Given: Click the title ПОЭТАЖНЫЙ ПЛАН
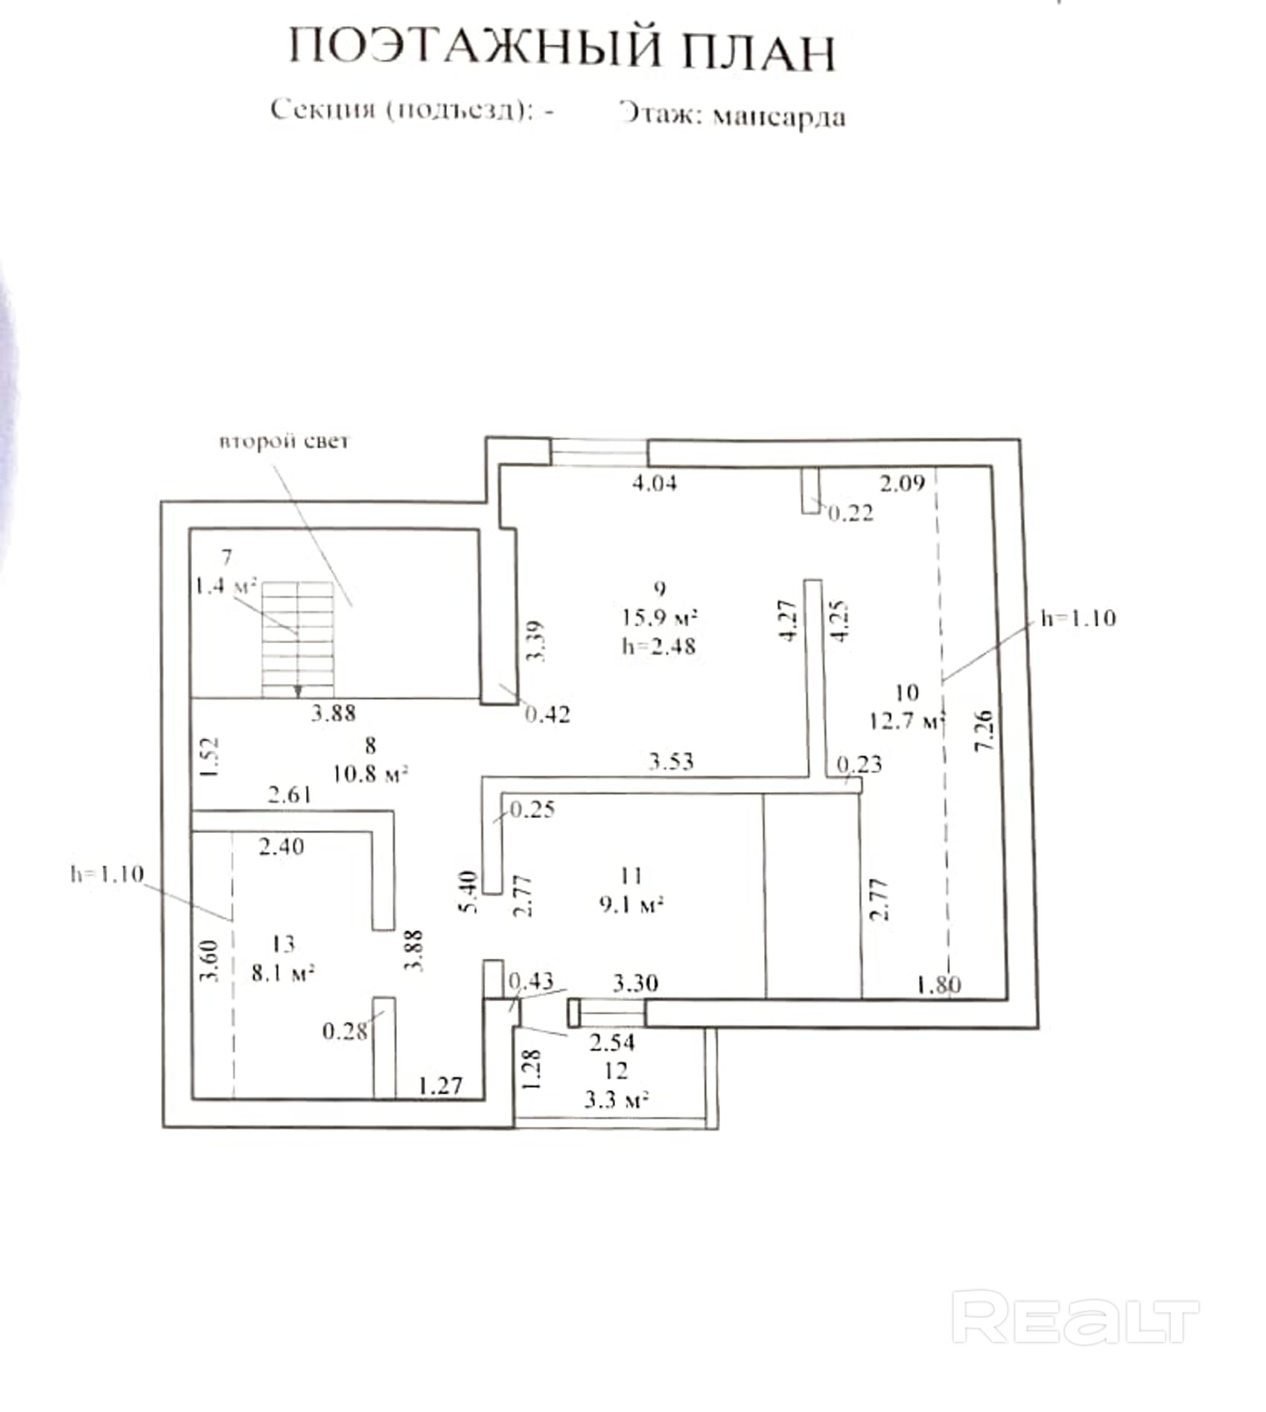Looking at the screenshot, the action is (562, 51).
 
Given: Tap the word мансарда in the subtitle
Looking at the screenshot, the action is (779, 117).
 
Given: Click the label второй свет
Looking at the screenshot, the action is (284, 441).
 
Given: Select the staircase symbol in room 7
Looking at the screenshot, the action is (297, 639).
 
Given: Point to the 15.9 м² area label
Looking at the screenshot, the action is (660, 617).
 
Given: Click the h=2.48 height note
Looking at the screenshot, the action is (659, 646).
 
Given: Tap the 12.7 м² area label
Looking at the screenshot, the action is (906, 721).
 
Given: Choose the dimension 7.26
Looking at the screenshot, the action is (984, 730).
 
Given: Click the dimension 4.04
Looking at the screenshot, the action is (655, 483).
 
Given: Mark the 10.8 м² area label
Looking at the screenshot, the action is (370, 774).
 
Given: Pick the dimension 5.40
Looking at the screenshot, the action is (468, 892).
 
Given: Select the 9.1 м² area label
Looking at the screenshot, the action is (631, 904).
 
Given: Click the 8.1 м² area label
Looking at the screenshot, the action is (283, 973).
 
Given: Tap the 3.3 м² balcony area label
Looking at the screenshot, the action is (616, 1100).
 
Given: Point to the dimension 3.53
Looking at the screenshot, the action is (671, 761).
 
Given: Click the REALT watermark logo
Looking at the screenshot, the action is (1075, 1318).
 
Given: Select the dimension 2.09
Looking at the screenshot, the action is (902, 484).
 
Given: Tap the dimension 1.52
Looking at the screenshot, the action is (210, 757).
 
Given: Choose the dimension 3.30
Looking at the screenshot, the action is (635, 983).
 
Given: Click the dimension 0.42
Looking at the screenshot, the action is (547, 715).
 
